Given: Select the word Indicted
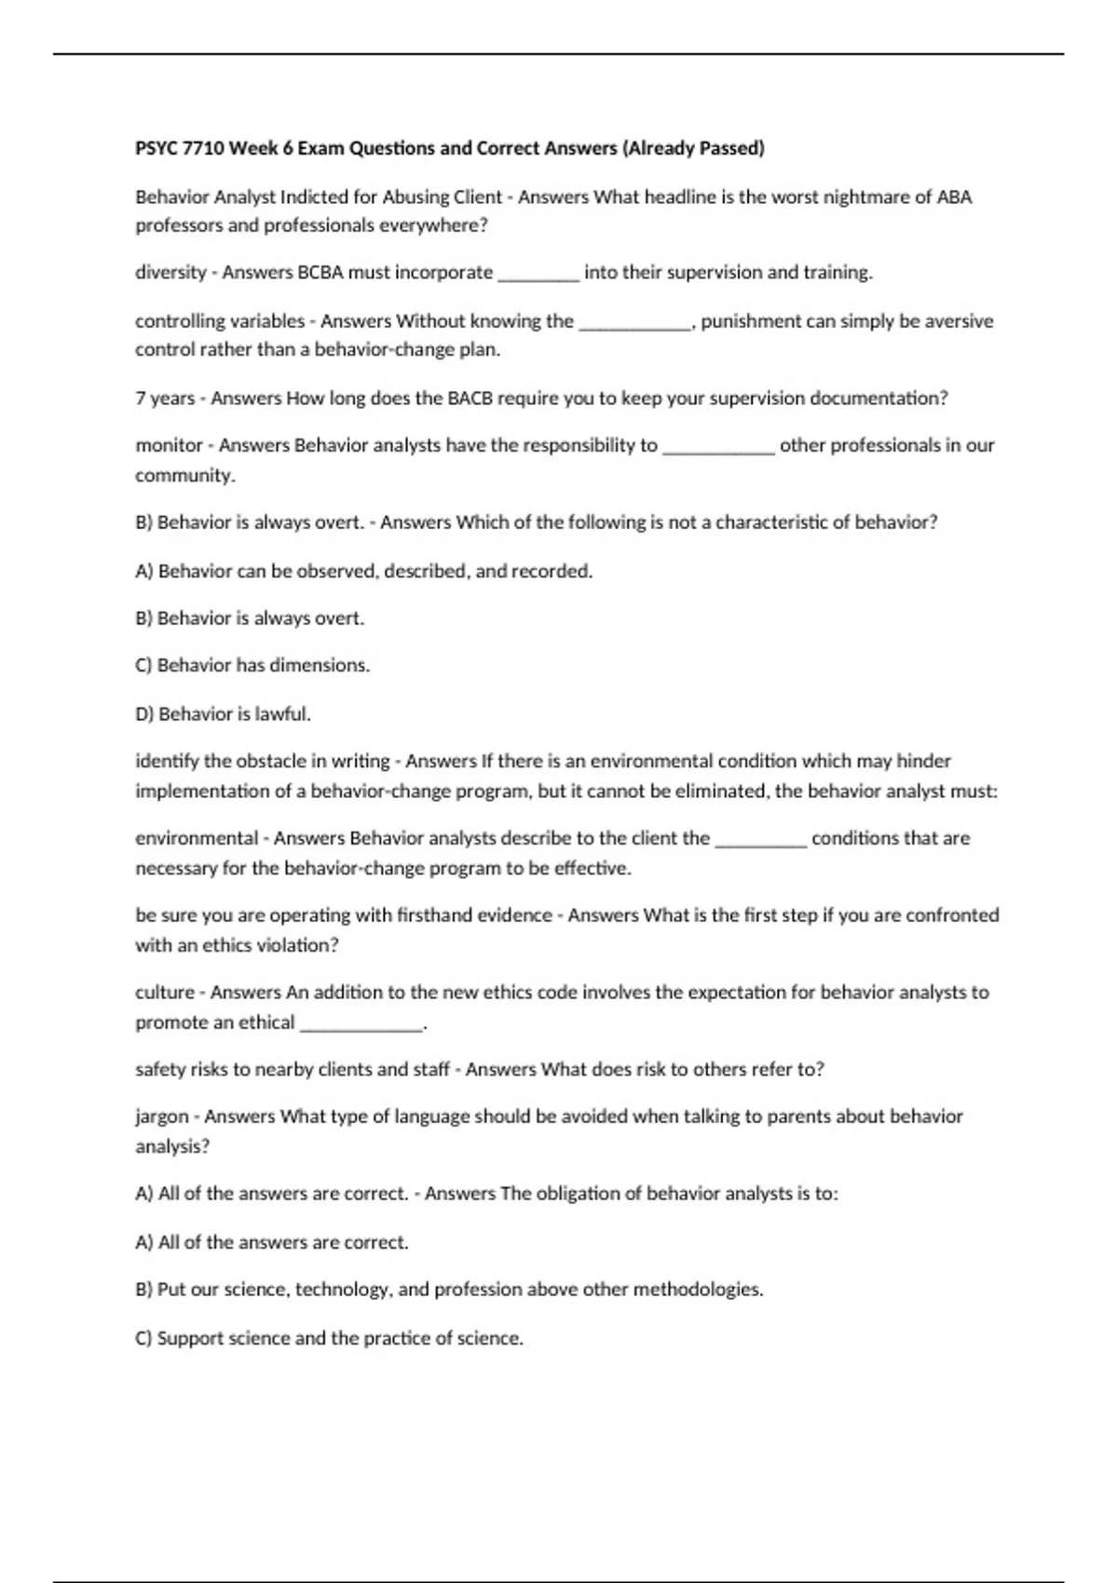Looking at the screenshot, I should point(329,197).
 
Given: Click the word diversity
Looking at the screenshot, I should point(170,273).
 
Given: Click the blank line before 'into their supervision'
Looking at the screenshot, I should point(539,276).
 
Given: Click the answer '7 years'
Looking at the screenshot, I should point(165,399).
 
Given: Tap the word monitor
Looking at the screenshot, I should point(169,446).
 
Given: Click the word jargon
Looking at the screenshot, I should point(162,1116).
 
